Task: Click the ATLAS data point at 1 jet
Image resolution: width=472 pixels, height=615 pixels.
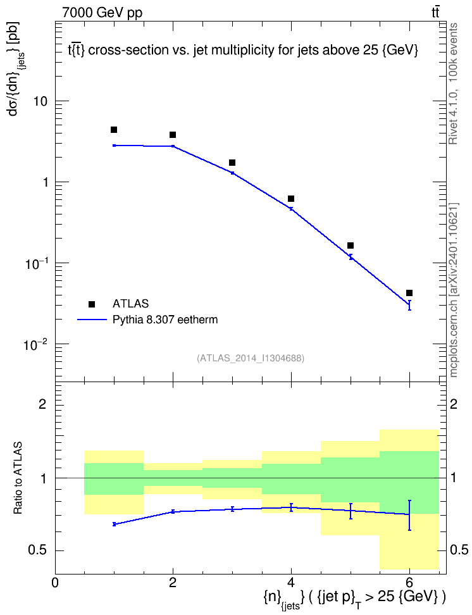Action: (x=114, y=130)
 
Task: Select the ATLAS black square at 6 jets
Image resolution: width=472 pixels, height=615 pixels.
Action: (x=409, y=293)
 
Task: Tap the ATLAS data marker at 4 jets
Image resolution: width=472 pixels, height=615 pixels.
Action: (x=291, y=199)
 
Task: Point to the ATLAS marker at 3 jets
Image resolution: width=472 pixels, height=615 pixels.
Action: (x=232, y=163)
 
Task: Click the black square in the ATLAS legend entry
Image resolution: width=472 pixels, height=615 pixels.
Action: (x=92, y=304)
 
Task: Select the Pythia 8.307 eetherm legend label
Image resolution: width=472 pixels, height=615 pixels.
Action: (x=165, y=320)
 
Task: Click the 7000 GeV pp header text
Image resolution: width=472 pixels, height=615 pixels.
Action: (x=102, y=13)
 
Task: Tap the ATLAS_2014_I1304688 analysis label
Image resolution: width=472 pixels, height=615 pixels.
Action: (x=251, y=358)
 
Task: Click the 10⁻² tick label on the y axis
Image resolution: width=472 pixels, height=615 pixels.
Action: (x=35, y=344)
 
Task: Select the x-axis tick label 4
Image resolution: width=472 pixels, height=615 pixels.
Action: (x=291, y=583)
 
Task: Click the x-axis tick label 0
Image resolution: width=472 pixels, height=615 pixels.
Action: (x=55, y=583)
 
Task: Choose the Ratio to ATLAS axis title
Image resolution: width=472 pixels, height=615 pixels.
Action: (x=18, y=478)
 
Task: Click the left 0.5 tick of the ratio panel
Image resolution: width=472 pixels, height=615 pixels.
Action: (x=38, y=550)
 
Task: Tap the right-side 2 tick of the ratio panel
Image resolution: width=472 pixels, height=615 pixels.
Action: (x=454, y=404)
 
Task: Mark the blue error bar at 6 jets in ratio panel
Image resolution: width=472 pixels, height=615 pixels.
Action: (x=409, y=515)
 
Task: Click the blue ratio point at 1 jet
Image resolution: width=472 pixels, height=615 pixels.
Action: (x=114, y=524)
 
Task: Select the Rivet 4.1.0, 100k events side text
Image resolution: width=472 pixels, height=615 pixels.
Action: (x=453, y=84)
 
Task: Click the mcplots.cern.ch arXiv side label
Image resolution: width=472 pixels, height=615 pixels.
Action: (x=453, y=290)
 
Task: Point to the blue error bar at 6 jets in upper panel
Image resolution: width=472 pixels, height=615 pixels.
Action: (x=409, y=305)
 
